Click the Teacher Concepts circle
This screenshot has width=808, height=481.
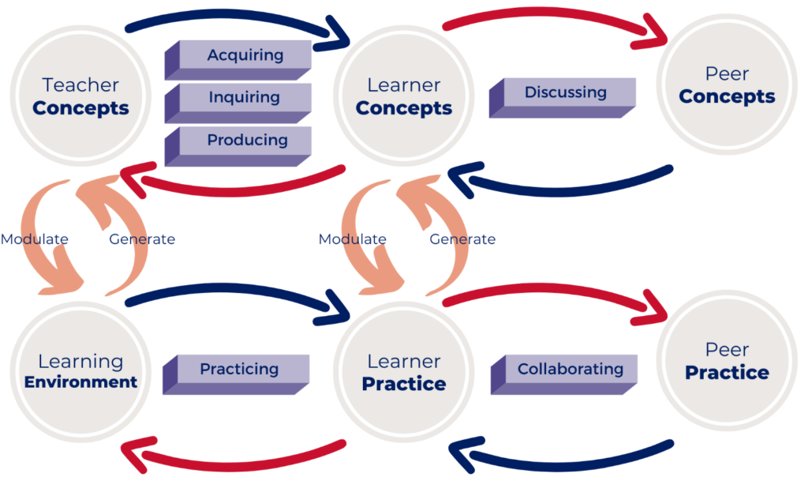(x=80, y=97)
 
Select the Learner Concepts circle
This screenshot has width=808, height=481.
(x=404, y=97)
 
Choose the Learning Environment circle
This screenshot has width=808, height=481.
(x=80, y=372)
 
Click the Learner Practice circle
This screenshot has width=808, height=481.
(x=404, y=373)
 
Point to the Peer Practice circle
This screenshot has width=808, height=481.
(x=727, y=362)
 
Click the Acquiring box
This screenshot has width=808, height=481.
(x=245, y=55)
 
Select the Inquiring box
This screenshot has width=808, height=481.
(x=245, y=98)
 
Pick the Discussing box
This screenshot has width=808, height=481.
(x=565, y=93)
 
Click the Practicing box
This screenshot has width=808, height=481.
(x=238, y=370)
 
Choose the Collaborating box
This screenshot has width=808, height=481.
(x=570, y=370)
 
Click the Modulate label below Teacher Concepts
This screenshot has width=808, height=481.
(x=34, y=239)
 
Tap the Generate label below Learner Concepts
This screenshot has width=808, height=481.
(x=462, y=239)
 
